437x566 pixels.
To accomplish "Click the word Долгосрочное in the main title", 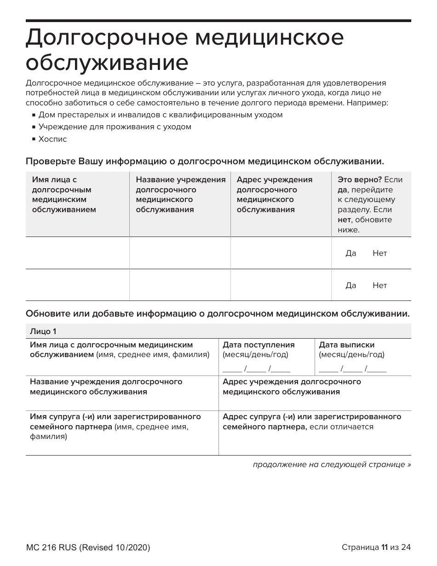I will pos(105,39).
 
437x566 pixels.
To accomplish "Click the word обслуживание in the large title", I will pos(107,63).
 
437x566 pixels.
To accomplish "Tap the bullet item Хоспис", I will pos(52,139).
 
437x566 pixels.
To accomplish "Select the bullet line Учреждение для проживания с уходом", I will pos(115,127).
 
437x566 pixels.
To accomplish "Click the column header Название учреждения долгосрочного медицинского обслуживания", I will pos(180,195).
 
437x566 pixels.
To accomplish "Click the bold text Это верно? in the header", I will pos(360,180).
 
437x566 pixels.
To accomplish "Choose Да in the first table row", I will pos(351,253).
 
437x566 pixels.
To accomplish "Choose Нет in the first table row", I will pos(379,253).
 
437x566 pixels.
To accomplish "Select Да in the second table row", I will pos(351,285).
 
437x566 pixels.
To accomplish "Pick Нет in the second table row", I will pos(379,285).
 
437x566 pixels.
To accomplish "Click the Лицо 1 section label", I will pos(43,331).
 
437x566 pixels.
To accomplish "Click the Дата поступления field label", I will pos(259,345).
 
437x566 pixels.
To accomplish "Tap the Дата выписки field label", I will pos(347,345).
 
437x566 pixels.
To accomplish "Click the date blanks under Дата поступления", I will pos(256,368).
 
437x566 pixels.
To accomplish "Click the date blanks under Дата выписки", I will pos(352,368).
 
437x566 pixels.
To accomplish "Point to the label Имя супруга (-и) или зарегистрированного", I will pos(115,416).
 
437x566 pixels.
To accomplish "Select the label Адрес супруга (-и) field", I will pos(312,416).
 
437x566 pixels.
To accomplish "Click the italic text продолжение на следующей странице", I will pos(332,464).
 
